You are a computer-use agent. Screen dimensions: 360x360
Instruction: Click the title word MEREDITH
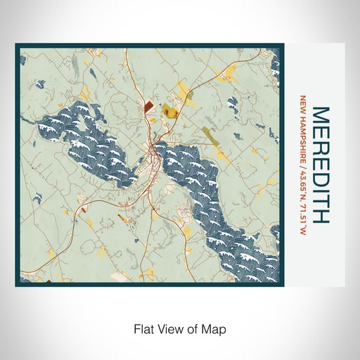point(319,165)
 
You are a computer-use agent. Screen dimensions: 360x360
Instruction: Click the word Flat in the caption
point(142,328)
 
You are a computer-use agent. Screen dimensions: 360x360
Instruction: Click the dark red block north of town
point(149,107)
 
